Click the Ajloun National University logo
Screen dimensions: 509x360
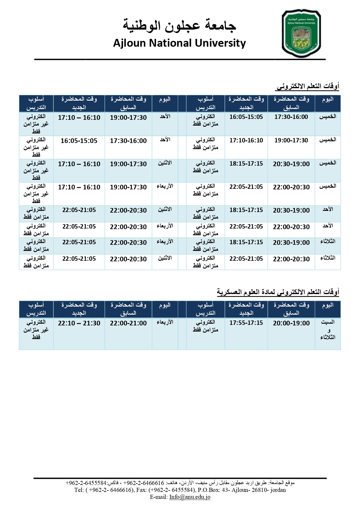click(301, 33)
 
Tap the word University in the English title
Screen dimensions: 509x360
click(220, 43)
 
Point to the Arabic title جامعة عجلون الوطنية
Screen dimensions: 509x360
click(180, 25)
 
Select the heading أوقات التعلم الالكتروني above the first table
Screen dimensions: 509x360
click(307, 86)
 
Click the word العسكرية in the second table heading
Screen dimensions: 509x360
click(231, 292)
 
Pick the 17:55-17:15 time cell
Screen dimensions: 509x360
click(246, 323)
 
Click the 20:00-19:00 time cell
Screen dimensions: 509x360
click(291, 323)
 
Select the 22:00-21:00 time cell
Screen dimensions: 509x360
click(128, 323)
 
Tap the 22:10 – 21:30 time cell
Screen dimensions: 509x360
click(79, 323)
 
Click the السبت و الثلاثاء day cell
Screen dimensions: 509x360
click(328, 329)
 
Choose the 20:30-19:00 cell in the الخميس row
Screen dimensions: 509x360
click(291, 164)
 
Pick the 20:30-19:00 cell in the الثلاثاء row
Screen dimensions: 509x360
click(291, 242)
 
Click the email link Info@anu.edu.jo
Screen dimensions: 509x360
click(190, 497)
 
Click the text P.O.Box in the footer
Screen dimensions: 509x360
click(208, 490)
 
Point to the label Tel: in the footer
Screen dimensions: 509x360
click(79, 490)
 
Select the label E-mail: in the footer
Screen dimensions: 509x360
click(159, 497)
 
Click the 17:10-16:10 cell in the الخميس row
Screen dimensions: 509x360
click(246, 140)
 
